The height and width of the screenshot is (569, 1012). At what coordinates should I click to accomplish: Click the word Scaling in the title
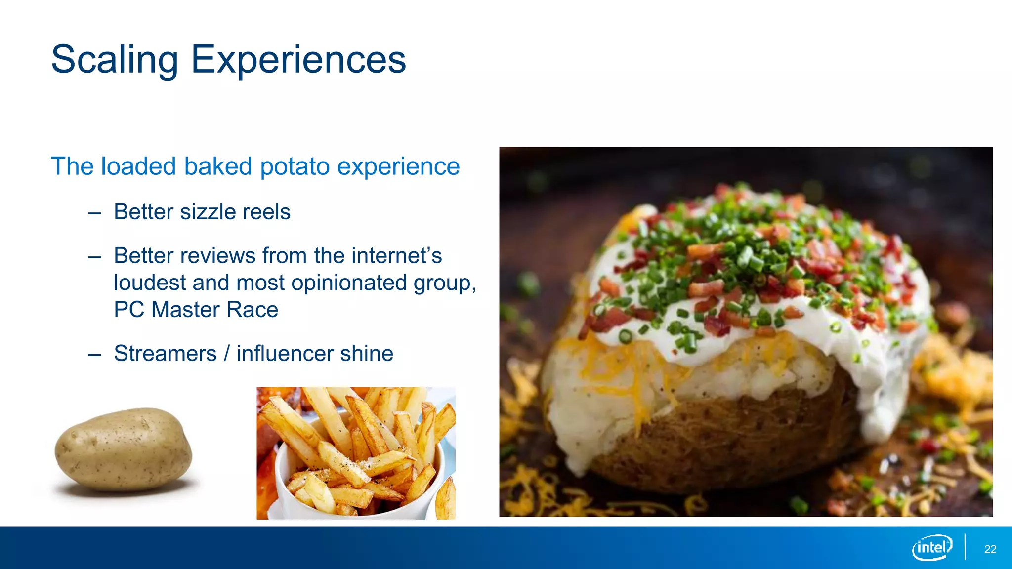coord(115,60)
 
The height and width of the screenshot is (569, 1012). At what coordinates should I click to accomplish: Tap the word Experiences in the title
coord(298,60)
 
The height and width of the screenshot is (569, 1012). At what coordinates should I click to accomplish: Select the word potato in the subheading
coord(295,166)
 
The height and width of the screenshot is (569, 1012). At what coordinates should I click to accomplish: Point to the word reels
coord(266,212)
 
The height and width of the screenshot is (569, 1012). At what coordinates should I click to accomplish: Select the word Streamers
coord(165,354)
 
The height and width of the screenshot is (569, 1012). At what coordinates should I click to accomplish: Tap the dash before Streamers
coord(94,355)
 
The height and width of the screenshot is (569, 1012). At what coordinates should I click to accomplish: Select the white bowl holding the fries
coord(296,499)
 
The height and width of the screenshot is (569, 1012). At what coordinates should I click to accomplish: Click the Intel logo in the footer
coord(931,547)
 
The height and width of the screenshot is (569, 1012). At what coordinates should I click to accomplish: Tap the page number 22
coord(990,549)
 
